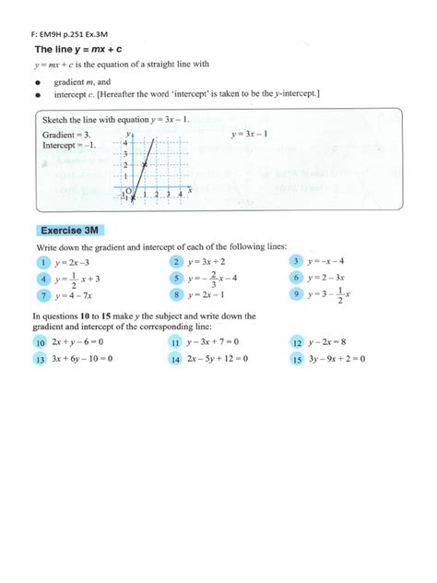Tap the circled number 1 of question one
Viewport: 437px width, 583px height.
(x=41, y=261)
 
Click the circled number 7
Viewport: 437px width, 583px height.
(x=41, y=295)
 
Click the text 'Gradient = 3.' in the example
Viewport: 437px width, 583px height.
(x=65, y=135)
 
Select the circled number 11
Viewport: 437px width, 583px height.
(x=174, y=342)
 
